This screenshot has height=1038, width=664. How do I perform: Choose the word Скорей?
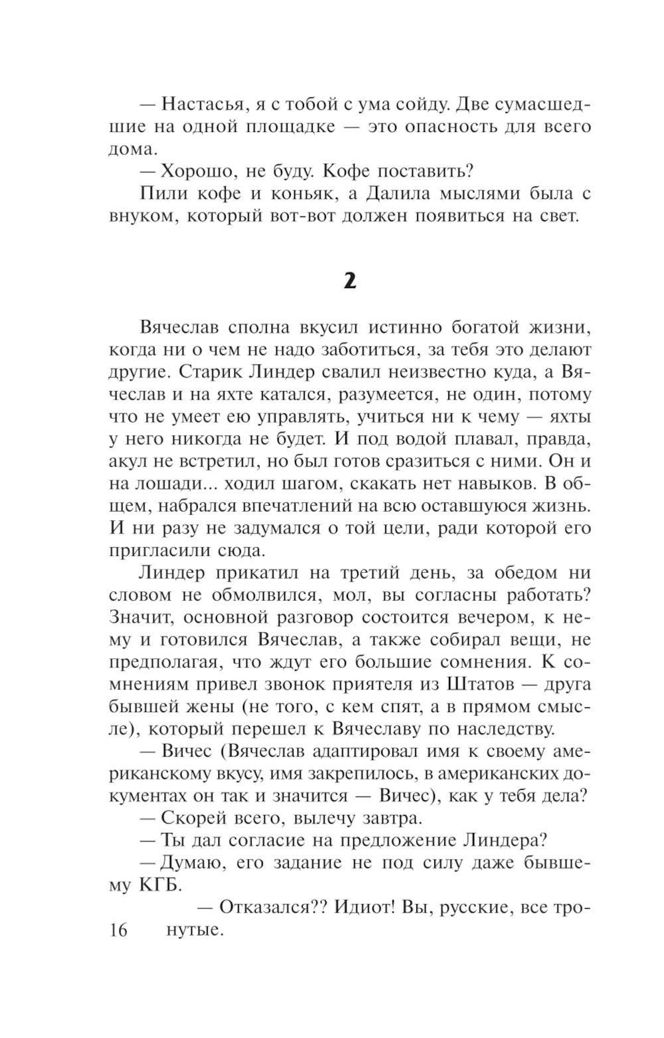pyautogui.click(x=192, y=818)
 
